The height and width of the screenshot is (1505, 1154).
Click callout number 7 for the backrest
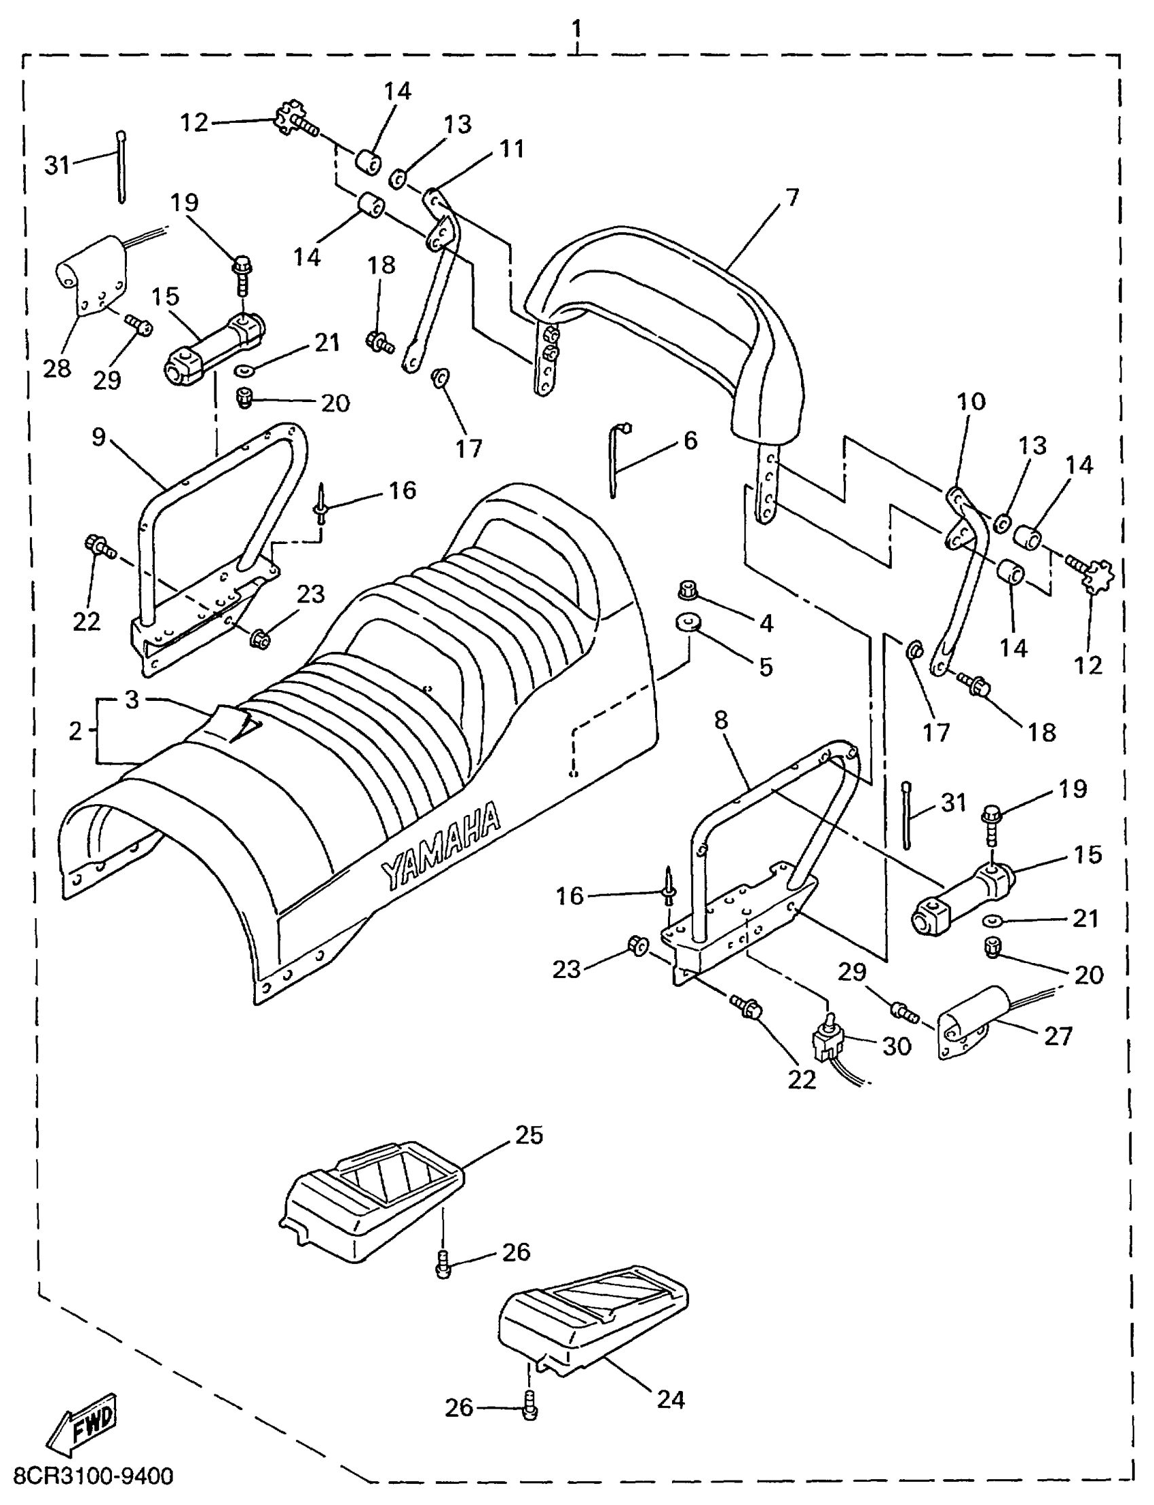point(792,197)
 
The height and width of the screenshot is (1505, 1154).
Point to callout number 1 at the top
point(576,28)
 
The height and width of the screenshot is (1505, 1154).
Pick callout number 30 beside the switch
point(896,1046)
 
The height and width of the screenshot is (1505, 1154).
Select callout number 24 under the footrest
point(671,1399)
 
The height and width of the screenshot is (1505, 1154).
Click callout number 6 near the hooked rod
point(690,440)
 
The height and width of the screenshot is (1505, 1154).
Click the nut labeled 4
point(688,590)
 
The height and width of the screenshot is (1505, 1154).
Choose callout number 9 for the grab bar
point(99,437)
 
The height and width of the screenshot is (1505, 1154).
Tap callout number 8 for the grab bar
point(720,720)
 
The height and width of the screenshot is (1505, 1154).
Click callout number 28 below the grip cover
point(57,368)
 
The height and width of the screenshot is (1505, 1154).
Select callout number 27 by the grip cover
point(1058,1036)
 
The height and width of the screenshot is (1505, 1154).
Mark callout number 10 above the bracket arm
point(971,401)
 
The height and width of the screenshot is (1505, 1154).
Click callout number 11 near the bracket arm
point(512,149)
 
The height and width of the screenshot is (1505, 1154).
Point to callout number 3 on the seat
point(132,700)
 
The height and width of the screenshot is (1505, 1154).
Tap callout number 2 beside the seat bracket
point(75,730)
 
